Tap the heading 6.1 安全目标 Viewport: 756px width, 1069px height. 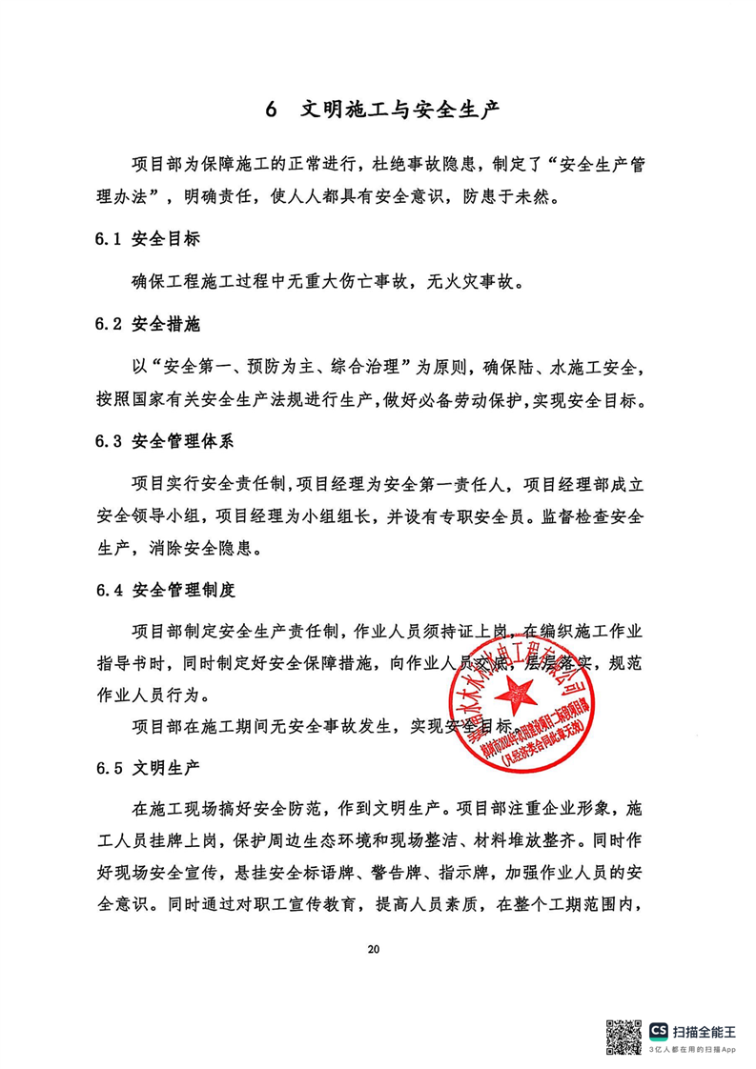pyautogui.click(x=148, y=239)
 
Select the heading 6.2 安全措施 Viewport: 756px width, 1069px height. pyautogui.click(x=148, y=325)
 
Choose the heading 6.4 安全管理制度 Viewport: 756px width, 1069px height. pyautogui.click(x=164, y=590)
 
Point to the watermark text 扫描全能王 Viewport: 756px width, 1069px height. pyautogui.click(x=705, y=1031)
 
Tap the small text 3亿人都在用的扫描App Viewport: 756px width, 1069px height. pyautogui.click(x=693, y=1048)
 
